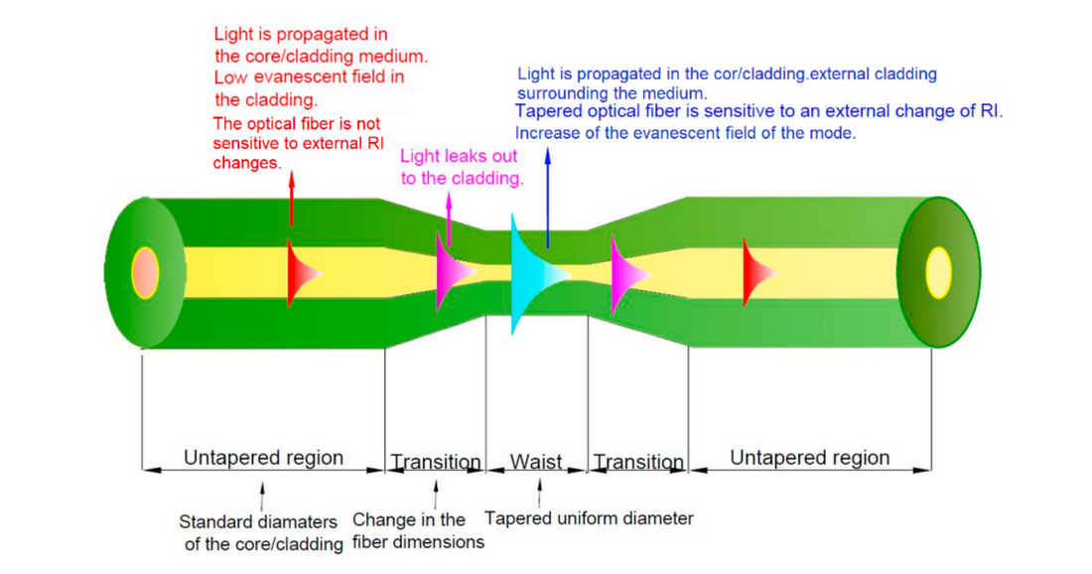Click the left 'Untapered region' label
(x=263, y=458)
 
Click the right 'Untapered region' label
(x=809, y=458)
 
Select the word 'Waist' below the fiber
(x=536, y=462)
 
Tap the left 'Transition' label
(x=435, y=463)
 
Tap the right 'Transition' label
(x=637, y=463)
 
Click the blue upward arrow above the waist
(x=547, y=194)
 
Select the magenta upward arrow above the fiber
(x=449, y=217)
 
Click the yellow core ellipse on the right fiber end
(x=938, y=270)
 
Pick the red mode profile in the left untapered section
(x=297, y=271)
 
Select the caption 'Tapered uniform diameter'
(x=589, y=518)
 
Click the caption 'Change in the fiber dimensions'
(x=418, y=530)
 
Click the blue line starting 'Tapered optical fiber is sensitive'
(x=758, y=111)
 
